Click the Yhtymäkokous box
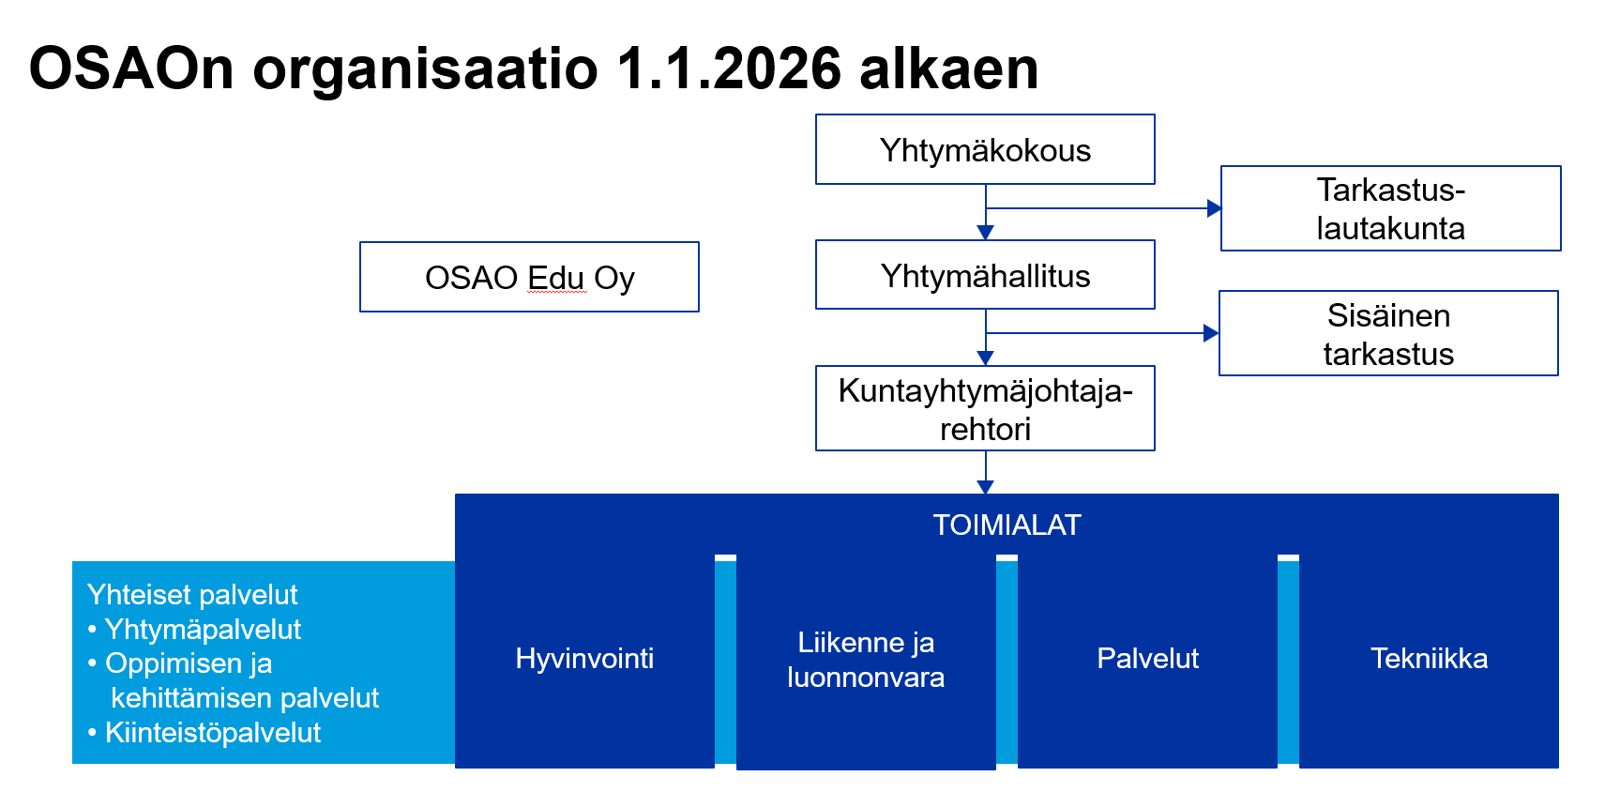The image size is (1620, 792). [985, 149]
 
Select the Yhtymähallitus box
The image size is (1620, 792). [985, 275]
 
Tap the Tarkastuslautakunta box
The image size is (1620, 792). [1390, 208]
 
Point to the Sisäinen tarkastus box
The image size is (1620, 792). [1388, 333]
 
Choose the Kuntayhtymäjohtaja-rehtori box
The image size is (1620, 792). [985, 408]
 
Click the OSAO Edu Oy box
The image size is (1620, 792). [529, 277]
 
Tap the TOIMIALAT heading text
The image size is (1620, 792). [1007, 525]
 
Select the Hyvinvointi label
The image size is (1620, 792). [584, 659]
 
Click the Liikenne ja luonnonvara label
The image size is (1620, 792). [866, 660]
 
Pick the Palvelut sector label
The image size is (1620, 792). [1147, 659]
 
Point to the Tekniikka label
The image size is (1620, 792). [1429, 659]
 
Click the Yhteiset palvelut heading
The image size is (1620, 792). [192, 595]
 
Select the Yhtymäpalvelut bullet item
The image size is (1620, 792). [194, 630]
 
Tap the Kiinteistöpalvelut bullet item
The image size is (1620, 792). [204, 733]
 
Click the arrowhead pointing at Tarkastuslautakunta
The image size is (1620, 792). [1214, 208]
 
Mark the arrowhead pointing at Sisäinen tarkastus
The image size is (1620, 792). [1211, 333]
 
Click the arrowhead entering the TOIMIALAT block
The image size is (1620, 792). [985, 487]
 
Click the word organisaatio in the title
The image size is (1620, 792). [425, 70]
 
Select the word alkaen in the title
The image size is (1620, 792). [949, 69]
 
